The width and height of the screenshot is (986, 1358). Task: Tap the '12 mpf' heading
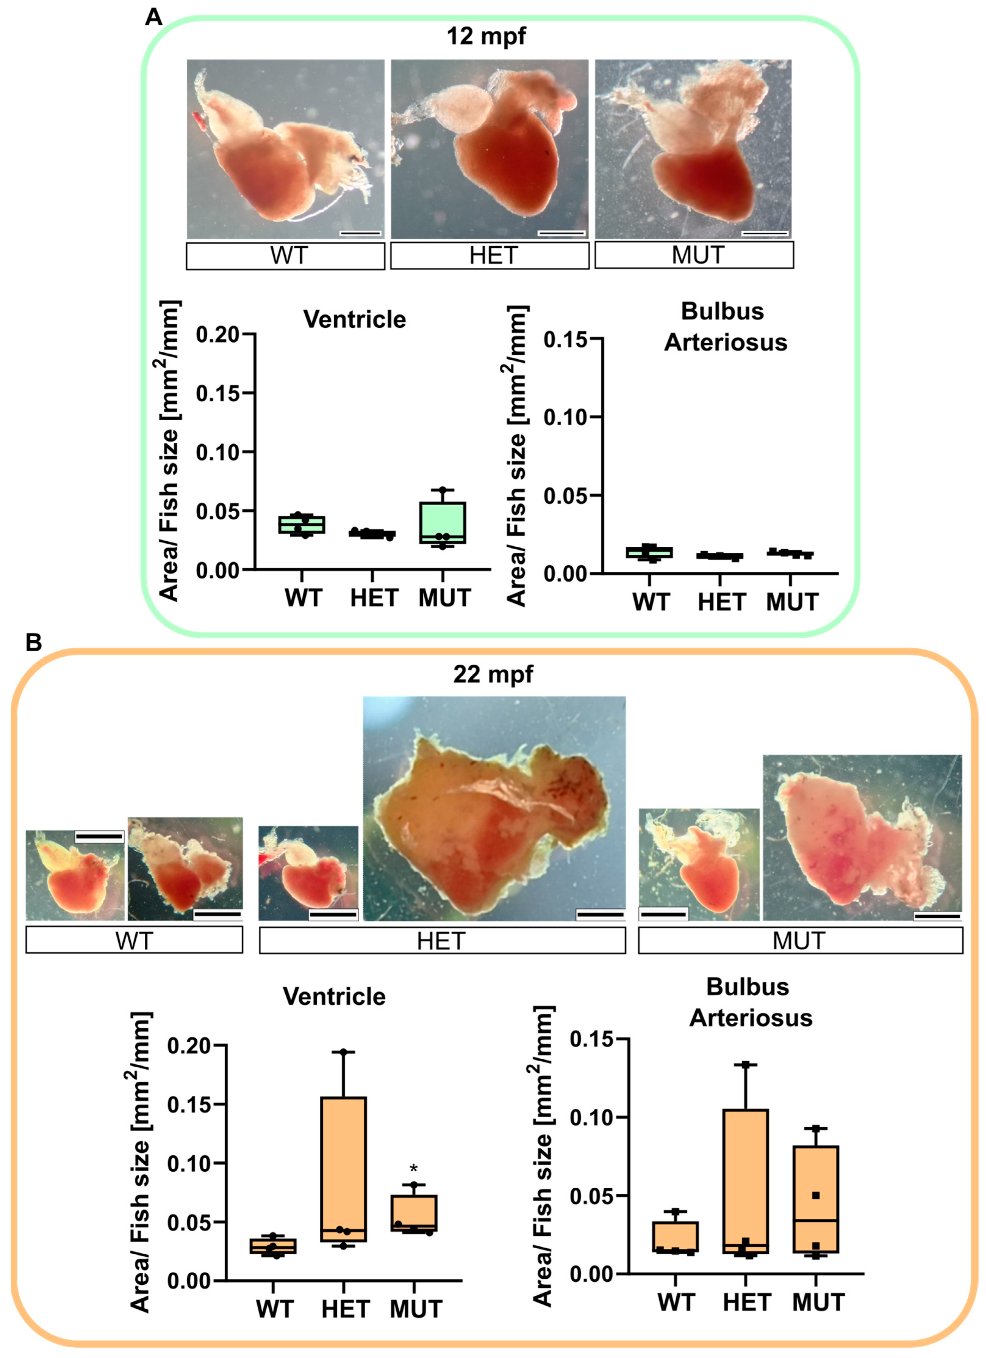486,36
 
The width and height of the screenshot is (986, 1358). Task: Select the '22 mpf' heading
492,674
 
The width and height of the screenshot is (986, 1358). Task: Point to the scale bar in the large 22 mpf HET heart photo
600,914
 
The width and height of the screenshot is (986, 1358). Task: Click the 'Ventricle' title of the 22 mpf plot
334,996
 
